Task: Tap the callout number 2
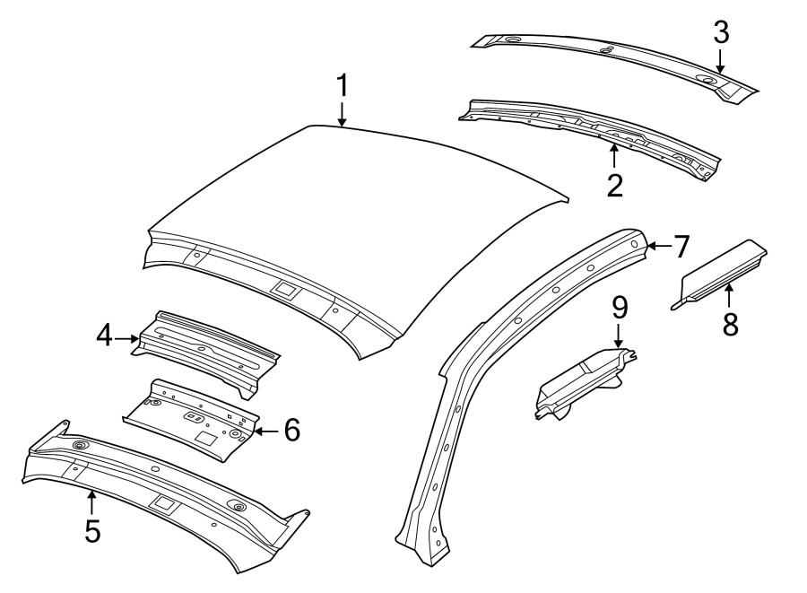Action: click(615, 185)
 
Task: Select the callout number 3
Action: click(721, 32)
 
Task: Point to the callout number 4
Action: click(104, 336)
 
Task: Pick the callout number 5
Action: click(92, 531)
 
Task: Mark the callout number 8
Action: click(731, 323)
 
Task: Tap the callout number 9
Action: click(619, 308)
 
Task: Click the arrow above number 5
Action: click(92, 500)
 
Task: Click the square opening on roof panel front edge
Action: click(284, 290)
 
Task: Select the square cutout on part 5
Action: click(165, 503)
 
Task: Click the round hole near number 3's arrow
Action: click(707, 81)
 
